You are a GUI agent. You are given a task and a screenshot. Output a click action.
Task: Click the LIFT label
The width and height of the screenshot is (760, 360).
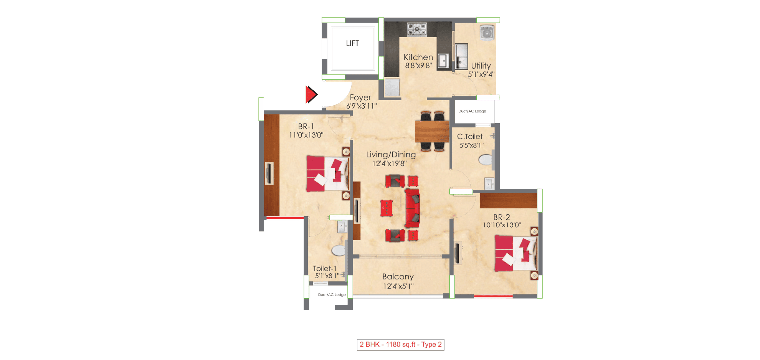[x=352, y=43]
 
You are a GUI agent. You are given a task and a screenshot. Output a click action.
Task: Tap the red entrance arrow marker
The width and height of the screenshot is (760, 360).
[x=311, y=94]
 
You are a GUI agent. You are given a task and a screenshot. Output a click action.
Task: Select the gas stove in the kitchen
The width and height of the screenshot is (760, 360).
[x=417, y=29]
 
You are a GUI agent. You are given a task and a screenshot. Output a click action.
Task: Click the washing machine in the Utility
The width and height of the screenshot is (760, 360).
[x=487, y=33]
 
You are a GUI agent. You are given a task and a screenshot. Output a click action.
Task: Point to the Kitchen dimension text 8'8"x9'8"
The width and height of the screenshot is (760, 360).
[x=418, y=66]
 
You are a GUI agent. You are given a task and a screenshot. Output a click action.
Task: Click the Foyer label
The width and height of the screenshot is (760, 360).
[x=360, y=97]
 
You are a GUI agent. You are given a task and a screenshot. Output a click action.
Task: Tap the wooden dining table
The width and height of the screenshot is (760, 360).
[x=432, y=131]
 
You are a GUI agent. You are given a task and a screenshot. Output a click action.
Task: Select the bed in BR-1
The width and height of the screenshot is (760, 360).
[x=327, y=173]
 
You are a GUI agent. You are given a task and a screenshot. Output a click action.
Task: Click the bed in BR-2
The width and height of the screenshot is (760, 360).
[x=515, y=254]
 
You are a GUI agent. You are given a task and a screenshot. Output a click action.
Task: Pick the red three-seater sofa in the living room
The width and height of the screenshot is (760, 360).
[x=413, y=208]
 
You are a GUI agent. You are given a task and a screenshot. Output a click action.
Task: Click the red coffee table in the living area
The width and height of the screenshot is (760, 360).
[x=387, y=208]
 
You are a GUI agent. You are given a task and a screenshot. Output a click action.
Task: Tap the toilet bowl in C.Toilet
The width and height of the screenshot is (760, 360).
[x=486, y=160]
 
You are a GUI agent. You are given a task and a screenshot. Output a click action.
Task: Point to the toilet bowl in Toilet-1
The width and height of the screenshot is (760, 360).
[x=338, y=251]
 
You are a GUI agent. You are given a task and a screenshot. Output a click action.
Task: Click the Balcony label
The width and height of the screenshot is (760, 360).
[x=398, y=277]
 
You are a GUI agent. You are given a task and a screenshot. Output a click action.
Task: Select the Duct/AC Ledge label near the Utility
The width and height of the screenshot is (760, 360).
[x=472, y=111]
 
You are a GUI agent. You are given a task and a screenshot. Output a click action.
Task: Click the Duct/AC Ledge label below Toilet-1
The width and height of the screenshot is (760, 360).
[x=332, y=295]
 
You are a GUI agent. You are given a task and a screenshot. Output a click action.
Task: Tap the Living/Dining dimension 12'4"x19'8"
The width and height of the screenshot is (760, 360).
[x=389, y=163]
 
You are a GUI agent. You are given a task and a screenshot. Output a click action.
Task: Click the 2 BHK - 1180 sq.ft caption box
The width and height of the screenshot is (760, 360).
[x=400, y=345]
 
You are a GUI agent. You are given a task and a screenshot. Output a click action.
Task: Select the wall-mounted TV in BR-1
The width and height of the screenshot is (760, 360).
[x=269, y=173]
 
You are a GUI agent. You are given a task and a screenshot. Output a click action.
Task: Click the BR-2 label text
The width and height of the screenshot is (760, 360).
[x=501, y=217]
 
